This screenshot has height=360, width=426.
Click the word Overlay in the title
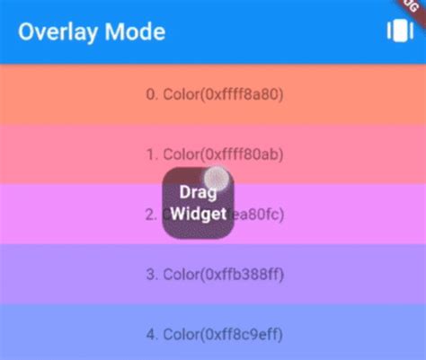click(x=55, y=32)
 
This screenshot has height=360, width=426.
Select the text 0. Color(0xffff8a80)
click(x=214, y=94)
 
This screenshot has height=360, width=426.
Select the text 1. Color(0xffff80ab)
click(x=214, y=154)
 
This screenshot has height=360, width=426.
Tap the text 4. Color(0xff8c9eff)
click(x=214, y=335)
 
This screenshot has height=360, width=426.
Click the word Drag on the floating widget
click(x=198, y=193)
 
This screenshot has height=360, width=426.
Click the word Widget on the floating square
click(x=198, y=215)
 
